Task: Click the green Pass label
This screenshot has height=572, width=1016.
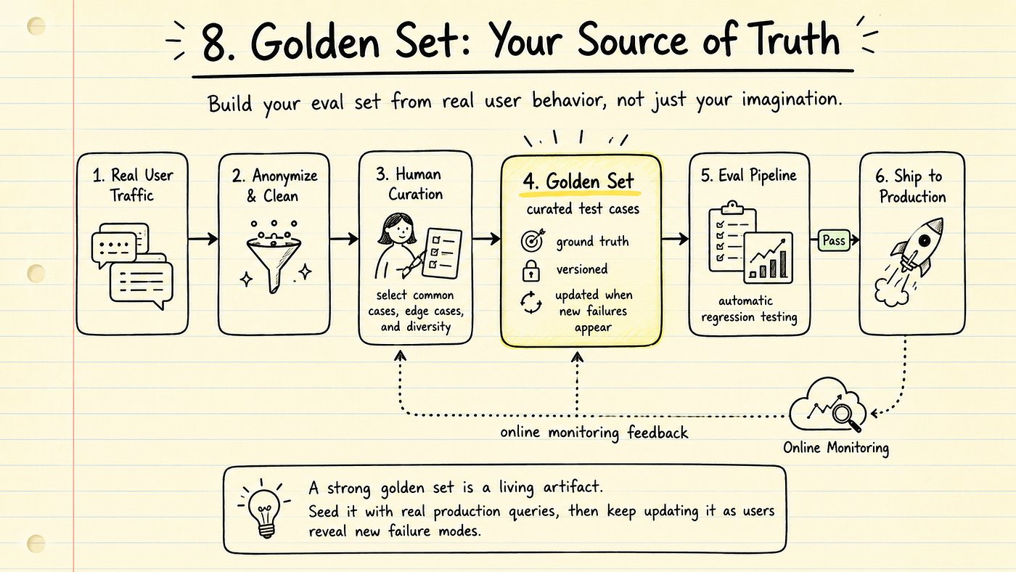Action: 834,240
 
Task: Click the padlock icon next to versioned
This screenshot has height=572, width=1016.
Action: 530,271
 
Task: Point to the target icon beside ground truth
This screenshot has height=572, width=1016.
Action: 533,240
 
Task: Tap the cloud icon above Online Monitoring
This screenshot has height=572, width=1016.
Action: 827,404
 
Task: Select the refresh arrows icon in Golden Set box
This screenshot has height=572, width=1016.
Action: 530,303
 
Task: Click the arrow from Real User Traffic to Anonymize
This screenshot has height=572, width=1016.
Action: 203,239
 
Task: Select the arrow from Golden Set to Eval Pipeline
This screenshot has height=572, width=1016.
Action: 676,239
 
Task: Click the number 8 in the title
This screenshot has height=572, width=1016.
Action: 218,43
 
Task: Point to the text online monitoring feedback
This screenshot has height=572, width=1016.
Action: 594,433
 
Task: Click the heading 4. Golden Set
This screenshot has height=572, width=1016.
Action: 578,182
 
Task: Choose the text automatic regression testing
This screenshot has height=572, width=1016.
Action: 749,309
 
